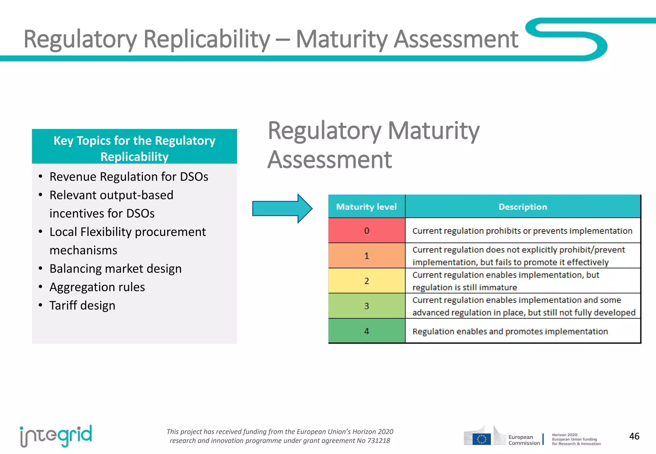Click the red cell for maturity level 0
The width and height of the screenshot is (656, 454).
367,231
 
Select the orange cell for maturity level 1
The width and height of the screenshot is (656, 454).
367,255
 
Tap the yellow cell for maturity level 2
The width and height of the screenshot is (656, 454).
367,281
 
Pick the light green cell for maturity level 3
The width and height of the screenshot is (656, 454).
367,306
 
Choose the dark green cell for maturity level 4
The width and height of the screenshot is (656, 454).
367,331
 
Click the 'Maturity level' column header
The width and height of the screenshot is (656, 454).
366,207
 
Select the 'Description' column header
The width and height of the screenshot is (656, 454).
523,207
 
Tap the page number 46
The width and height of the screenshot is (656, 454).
634,436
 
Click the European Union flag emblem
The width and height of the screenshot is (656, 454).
481,439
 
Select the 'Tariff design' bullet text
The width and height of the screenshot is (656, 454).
82,305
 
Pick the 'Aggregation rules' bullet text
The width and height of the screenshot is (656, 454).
97,287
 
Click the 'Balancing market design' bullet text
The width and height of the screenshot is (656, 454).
115,269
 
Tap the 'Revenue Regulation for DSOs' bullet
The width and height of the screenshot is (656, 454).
129,177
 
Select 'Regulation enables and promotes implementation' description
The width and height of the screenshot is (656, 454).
510,331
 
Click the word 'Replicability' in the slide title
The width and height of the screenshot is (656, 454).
207,39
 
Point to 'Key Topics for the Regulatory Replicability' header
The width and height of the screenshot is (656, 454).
135,148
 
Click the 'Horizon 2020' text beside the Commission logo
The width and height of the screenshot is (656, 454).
564,435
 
